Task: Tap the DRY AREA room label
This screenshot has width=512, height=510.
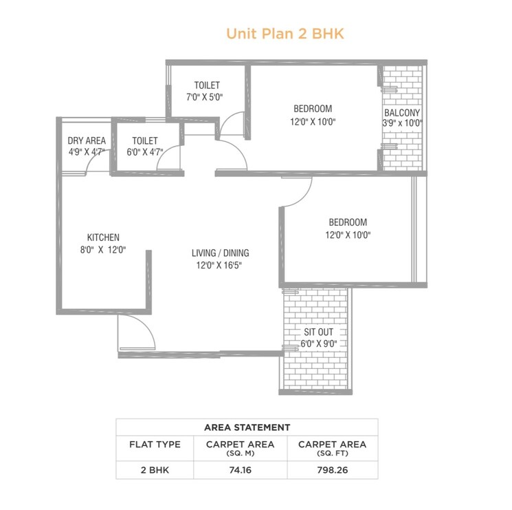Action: click(87, 141)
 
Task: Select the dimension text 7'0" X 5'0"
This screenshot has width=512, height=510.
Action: click(206, 97)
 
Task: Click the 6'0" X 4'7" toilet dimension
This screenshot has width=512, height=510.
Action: click(145, 153)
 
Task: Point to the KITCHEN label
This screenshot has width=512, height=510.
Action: click(103, 237)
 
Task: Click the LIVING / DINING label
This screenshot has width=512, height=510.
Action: click(220, 253)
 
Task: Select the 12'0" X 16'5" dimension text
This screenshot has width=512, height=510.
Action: click(220, 265)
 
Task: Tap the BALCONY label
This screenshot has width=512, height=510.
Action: click(402, 112)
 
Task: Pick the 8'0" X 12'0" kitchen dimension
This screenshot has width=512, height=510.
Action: click(103, 250)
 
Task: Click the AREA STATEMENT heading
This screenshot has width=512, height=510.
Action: click(247, 427)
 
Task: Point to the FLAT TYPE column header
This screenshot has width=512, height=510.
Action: click(155, 445)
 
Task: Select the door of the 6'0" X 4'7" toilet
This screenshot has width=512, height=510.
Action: click(169, 160)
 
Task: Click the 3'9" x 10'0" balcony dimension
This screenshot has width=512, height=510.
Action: click(402, 124)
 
